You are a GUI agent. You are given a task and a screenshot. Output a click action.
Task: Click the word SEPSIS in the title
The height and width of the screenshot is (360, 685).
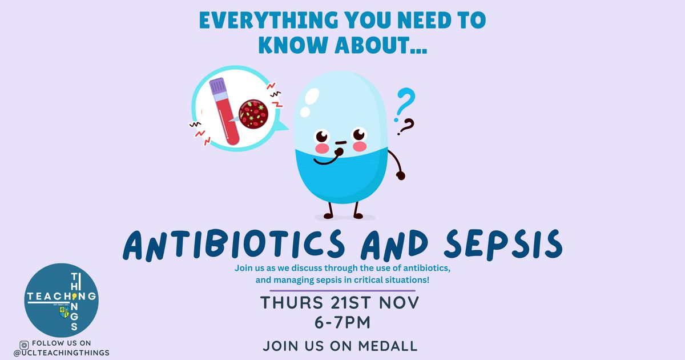pos(503,245)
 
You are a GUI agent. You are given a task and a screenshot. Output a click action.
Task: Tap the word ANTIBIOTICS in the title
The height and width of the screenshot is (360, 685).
pos(234,245)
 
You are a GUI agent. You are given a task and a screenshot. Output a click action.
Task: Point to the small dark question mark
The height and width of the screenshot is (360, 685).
pos(406,127)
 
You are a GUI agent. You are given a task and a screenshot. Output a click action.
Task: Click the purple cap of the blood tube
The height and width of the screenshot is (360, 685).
pos(217,86)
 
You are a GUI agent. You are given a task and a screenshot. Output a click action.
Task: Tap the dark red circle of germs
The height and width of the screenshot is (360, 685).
pos(253,114)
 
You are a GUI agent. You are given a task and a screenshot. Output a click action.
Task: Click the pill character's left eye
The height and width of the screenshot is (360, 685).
pos(321,135)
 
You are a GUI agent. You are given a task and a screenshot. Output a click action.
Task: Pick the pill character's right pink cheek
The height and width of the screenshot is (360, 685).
pos(360,146)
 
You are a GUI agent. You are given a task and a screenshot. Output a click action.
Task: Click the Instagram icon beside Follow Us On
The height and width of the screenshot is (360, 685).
pos(24,345)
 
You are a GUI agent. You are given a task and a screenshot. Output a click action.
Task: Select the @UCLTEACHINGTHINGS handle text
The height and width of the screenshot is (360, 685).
pos(62,353)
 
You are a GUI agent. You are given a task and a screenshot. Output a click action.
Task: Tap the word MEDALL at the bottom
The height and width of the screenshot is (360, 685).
pos(388,346)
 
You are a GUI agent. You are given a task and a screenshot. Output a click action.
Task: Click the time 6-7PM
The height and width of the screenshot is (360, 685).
pos(342,323)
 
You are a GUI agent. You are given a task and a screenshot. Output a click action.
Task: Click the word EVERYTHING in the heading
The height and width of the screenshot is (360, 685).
pos(269,20)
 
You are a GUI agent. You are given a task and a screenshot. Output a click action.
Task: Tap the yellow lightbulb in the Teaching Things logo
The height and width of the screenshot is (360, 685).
pos(74,296)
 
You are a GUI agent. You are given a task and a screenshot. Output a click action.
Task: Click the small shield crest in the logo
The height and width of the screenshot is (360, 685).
pos(64,313)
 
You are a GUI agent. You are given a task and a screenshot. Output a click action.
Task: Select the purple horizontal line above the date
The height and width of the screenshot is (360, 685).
pos(342,290)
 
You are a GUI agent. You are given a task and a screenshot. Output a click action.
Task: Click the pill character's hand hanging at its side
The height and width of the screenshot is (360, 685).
pos(401,176)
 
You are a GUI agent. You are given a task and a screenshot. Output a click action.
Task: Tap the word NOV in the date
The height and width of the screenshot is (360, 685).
pos(399,302)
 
